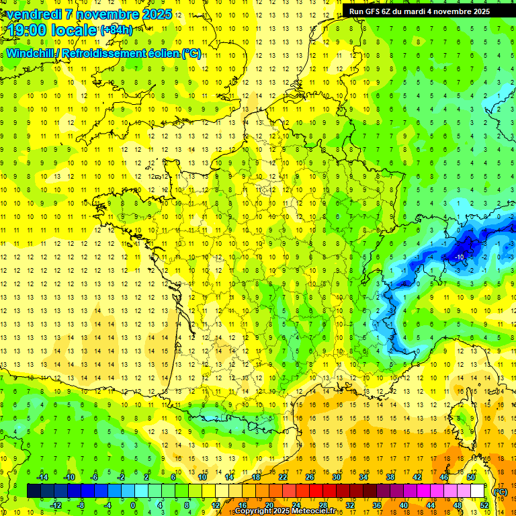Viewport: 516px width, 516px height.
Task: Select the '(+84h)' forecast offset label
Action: point(116,30)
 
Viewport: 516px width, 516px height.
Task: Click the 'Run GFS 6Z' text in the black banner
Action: point(374,11)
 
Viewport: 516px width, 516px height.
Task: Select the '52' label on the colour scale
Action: point(484,505)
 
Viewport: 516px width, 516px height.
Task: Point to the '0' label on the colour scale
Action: point(133,505)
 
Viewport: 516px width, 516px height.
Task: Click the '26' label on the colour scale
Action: point(310,477)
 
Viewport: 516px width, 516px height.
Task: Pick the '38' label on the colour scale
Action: point(390,477)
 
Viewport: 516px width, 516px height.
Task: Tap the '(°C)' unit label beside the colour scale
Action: point(500,491)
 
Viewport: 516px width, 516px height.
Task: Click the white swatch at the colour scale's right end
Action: point(477,491)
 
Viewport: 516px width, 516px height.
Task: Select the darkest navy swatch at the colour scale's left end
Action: point(34,491)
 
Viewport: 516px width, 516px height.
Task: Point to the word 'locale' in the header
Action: point(74,30)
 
